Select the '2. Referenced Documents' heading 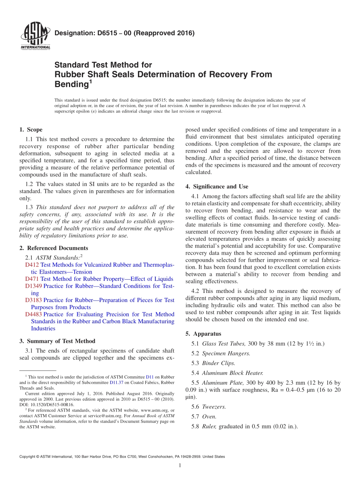pos(53,248)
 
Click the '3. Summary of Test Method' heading pos(57,341)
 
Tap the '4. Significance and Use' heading pos(217,186)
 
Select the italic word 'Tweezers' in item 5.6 pos(213,407)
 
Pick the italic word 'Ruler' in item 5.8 pos(210,426)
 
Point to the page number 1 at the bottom pos(180,465)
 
